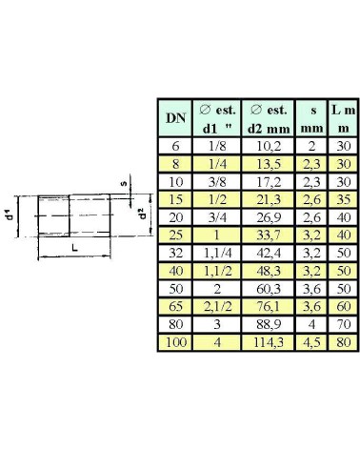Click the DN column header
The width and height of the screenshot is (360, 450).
pyautogui.click(x=175, y=118)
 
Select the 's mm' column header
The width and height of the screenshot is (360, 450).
pyautogui.click(x=311, y=119)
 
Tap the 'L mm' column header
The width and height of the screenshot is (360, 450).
pyautogui.click(x=344, y=119)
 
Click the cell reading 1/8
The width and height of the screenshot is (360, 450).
pyautogui.click(x=217, y=146)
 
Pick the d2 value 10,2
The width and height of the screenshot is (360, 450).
pyautogui.click(x=269, y=146)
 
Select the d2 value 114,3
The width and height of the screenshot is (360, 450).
pyautogui.click(x=269, y=342)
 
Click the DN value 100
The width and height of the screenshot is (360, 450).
pyautogui.click(x=175, y=342)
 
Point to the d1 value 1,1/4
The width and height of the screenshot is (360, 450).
pyautogui.click(x=217, y=253)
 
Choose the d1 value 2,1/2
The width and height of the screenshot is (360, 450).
pyautogui.click(x=217, y=306)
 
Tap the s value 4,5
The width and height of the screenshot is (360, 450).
pyautogui.click(x=311, y=342)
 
